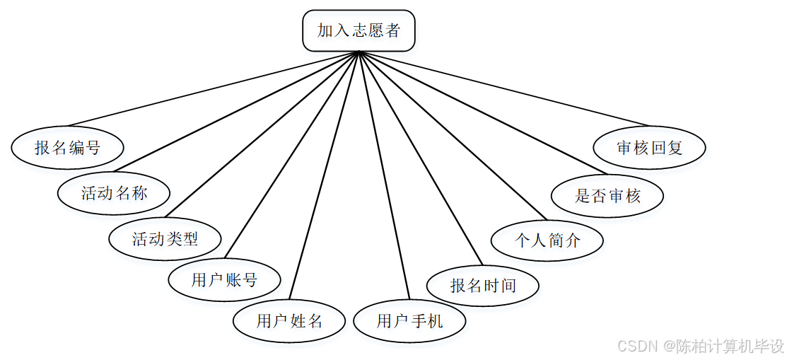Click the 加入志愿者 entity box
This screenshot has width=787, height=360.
point(358,30)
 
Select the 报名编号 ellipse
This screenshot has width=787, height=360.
point(68,148)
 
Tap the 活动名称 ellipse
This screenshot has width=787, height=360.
point(114,192)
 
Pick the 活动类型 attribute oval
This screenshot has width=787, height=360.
point(165,238)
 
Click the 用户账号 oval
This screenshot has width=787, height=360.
point(224,280)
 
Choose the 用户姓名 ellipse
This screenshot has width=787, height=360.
point(289,321)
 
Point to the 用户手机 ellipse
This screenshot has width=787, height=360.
point(409,321)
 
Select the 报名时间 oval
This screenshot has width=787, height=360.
point(483,286)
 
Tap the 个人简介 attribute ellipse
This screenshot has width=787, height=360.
point(547,240)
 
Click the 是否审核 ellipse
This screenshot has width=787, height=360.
point(607,196)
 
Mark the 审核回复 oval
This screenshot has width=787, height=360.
point(649,149)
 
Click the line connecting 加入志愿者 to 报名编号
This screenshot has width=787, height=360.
point(212,89)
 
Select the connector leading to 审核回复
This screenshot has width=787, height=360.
point(503,88)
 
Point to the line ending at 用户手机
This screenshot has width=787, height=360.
point(385,176)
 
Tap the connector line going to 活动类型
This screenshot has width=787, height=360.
point(262,134)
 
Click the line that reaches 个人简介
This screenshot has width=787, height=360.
point(453,136)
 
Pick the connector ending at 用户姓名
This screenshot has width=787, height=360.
point(325,175)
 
